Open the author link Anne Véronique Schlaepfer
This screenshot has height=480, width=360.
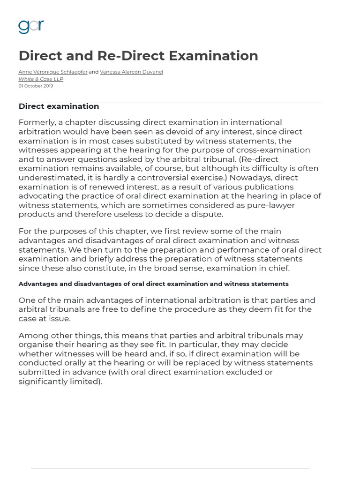pyautogui.click(x=53, y=72)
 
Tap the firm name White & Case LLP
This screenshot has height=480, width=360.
pyautogui.click(x=41, y=79)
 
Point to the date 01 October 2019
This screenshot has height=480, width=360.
pyautogui.click(x=36, y=86)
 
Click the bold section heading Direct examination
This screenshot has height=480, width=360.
pyautogui.click(x=59, y=106)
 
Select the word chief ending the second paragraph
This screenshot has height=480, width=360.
pyautogui.click(x=277, y=268)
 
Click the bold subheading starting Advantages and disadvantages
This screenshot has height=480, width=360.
pyautogui.click(x=153, y=284)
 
